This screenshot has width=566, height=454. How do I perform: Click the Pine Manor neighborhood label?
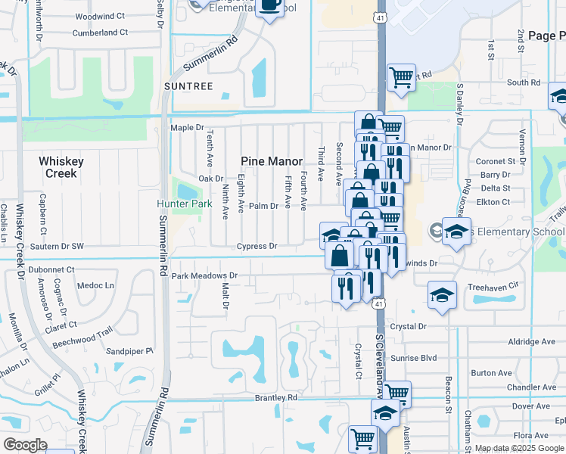click(272, 161)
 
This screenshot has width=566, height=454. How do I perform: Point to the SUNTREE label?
click(188, 86)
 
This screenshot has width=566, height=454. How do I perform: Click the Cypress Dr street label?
click(257, 246)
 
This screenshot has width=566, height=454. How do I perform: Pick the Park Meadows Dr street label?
click(205, 276)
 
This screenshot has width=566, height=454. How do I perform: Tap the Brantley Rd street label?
click(276, 397)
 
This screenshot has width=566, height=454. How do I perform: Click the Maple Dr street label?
click(188, 128)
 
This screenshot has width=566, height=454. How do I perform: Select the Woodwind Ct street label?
click(100, 15)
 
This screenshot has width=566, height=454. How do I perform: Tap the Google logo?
click(26, 444)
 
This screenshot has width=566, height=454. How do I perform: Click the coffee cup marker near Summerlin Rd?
click(269, 7)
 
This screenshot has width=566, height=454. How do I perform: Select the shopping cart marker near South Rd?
click(401, 76)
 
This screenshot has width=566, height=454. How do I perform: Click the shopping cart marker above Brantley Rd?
click(397, 392)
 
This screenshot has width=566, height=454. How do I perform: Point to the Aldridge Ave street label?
click(532, 342)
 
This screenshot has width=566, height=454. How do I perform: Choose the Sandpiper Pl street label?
click(129, 351)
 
